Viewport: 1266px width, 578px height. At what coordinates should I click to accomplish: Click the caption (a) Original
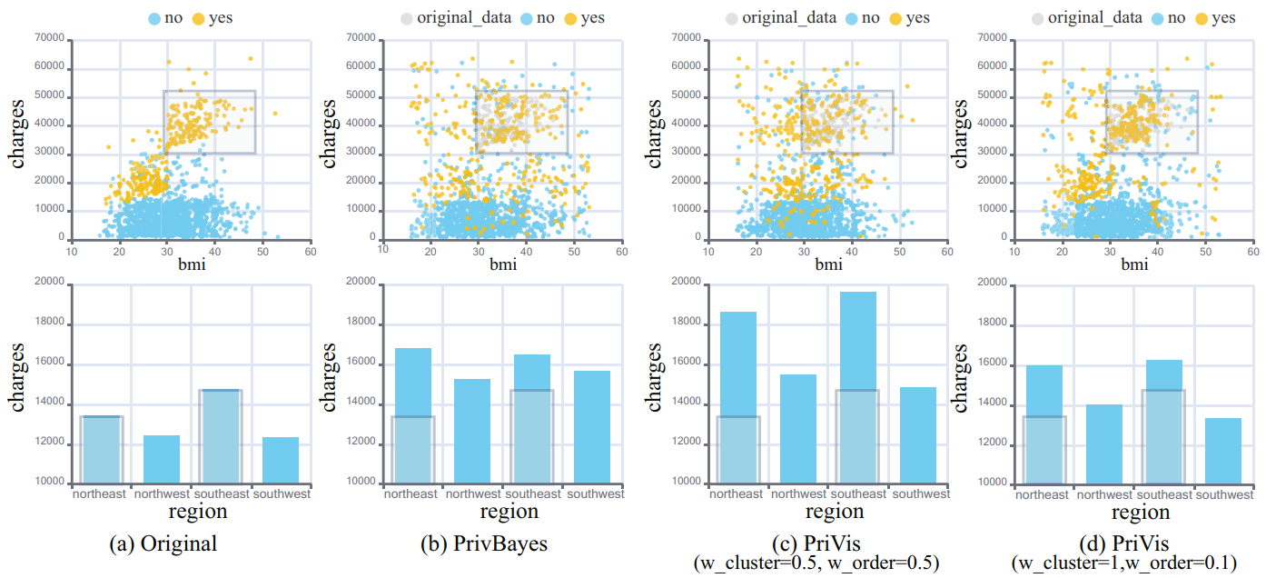(163, 544)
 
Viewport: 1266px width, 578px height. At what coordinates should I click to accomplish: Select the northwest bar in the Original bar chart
(162, 459)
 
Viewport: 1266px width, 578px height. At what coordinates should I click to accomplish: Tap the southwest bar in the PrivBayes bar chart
(592, 426)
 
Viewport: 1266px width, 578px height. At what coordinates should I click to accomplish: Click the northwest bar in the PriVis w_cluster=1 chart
(1104, 443)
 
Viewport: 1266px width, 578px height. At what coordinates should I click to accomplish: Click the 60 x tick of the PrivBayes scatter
(621, 250)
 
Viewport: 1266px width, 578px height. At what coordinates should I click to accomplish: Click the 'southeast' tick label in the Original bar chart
(221, 494)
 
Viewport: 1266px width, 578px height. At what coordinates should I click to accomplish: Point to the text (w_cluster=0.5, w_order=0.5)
(816, 563)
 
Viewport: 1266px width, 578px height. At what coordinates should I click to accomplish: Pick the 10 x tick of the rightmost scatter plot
(1012, 250)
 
